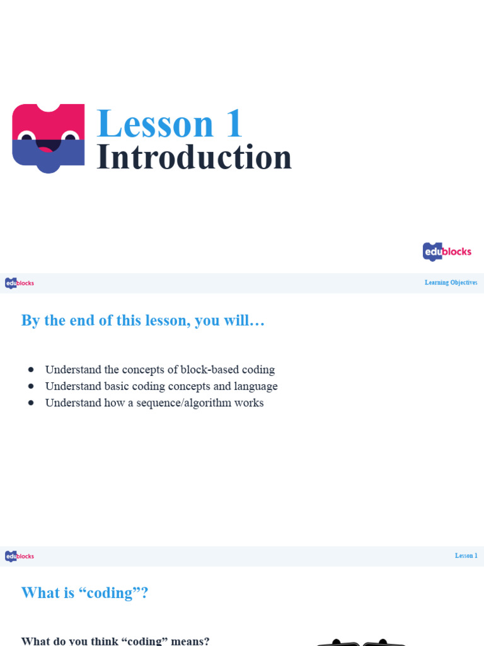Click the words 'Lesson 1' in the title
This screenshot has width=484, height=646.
pos(170,124)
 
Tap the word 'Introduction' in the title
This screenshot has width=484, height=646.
pos(194,158)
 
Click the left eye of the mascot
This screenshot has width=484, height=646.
pos(26,138)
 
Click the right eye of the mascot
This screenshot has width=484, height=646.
pos(69,138)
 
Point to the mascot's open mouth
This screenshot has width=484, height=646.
pos(48,146)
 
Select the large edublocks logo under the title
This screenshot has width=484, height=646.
pos(447,252)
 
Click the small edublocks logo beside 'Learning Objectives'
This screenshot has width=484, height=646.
pos(20,283)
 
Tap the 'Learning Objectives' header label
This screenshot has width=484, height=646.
pos(451,283)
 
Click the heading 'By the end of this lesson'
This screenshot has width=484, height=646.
pos(143,320)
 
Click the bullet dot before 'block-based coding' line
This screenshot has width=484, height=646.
pos(31,370)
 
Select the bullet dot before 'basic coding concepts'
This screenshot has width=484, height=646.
pos(31,386)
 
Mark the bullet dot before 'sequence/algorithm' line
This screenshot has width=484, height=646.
pos(31,402)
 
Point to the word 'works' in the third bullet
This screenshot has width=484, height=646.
pos(249,402)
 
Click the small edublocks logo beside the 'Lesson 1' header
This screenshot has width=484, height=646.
pos(20,556)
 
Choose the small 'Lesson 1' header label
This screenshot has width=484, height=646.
pos(466,556)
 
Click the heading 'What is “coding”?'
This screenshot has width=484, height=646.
pos(84,593)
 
